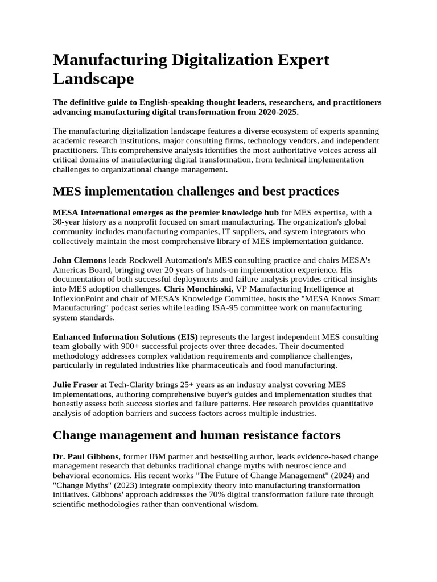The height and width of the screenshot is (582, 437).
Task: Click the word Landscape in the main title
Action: tap(93, 79)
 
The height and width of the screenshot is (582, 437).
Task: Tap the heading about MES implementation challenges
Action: tap(196, 190)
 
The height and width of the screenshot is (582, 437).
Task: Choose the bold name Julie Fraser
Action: tap(76, 385)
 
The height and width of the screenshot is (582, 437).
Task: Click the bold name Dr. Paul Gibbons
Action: tap(85, 456)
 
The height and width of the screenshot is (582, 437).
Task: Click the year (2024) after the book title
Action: tap(337, 476)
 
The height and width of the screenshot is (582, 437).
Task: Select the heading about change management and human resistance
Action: tap(197, 435)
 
